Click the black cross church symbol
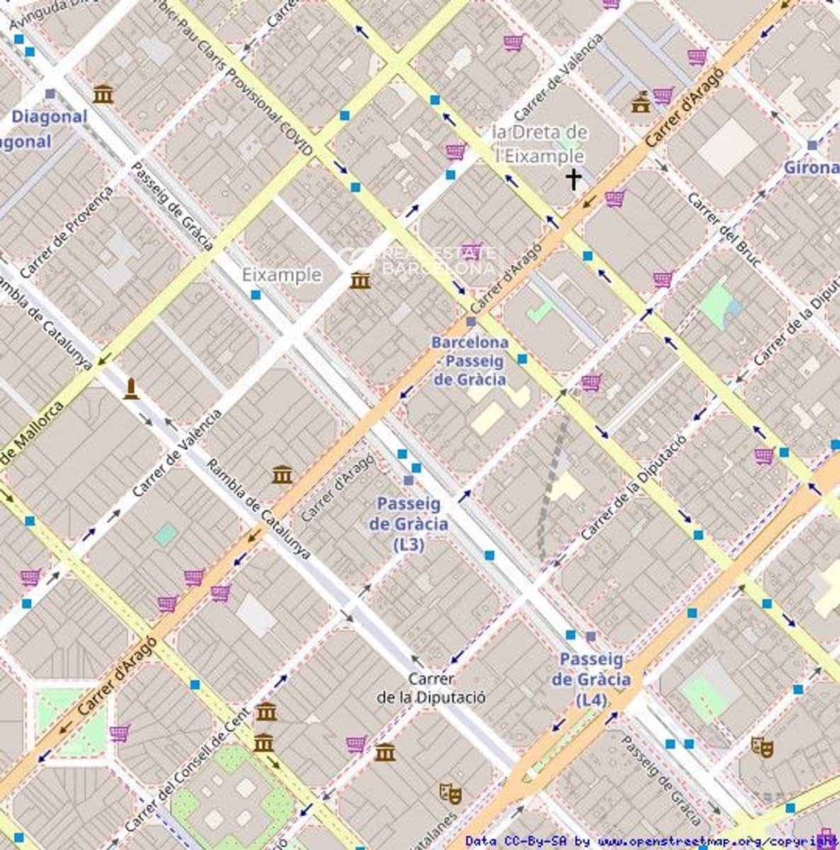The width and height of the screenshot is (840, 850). (x=573, y=179)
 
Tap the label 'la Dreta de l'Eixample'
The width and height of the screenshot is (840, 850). (x=540, y=143)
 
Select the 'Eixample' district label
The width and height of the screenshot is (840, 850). (x=282, y=275)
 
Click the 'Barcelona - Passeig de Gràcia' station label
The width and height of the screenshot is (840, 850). (x=470, y=361)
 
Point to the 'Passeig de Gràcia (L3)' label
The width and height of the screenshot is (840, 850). (x=408, y=524)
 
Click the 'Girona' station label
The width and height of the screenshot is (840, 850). (x=812, y=168)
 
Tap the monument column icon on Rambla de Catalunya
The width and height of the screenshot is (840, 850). (x=130, y=389)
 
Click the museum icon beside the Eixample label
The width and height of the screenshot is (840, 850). (x=360, y=281)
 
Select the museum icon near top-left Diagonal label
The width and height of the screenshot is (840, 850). (x=103, y=93)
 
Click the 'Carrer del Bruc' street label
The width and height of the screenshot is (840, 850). (x=724, y=230)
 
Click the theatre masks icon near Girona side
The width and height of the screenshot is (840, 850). (x=762, y=746)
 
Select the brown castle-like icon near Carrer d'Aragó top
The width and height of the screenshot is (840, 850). (x=641, y=102)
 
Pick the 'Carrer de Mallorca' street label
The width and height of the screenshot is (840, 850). (x=32, y=434)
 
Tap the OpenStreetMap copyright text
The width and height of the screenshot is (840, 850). (x=652, y=841)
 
